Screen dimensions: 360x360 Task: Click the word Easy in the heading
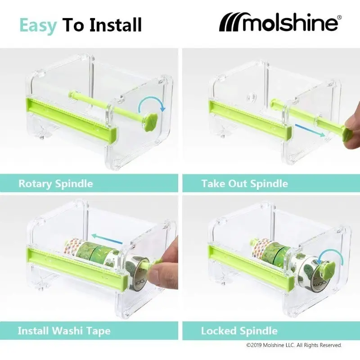tap(38, 26)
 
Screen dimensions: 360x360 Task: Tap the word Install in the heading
tap(116, 25)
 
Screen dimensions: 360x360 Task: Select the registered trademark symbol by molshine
tap(340, 17)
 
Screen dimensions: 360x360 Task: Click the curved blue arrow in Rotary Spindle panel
tap(152, 99)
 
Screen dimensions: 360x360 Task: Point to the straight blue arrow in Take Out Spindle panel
tap(310, 130)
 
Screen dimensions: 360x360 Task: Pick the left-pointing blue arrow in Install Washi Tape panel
tap(107, 239)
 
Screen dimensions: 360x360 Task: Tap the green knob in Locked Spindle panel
tap(327, 271)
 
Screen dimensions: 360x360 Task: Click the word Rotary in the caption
tap(36, 184)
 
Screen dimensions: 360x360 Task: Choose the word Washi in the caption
tap(67, 331)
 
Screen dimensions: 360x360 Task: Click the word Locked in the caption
tap(219, 331)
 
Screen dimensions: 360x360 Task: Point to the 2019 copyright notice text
tap(294, 345)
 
